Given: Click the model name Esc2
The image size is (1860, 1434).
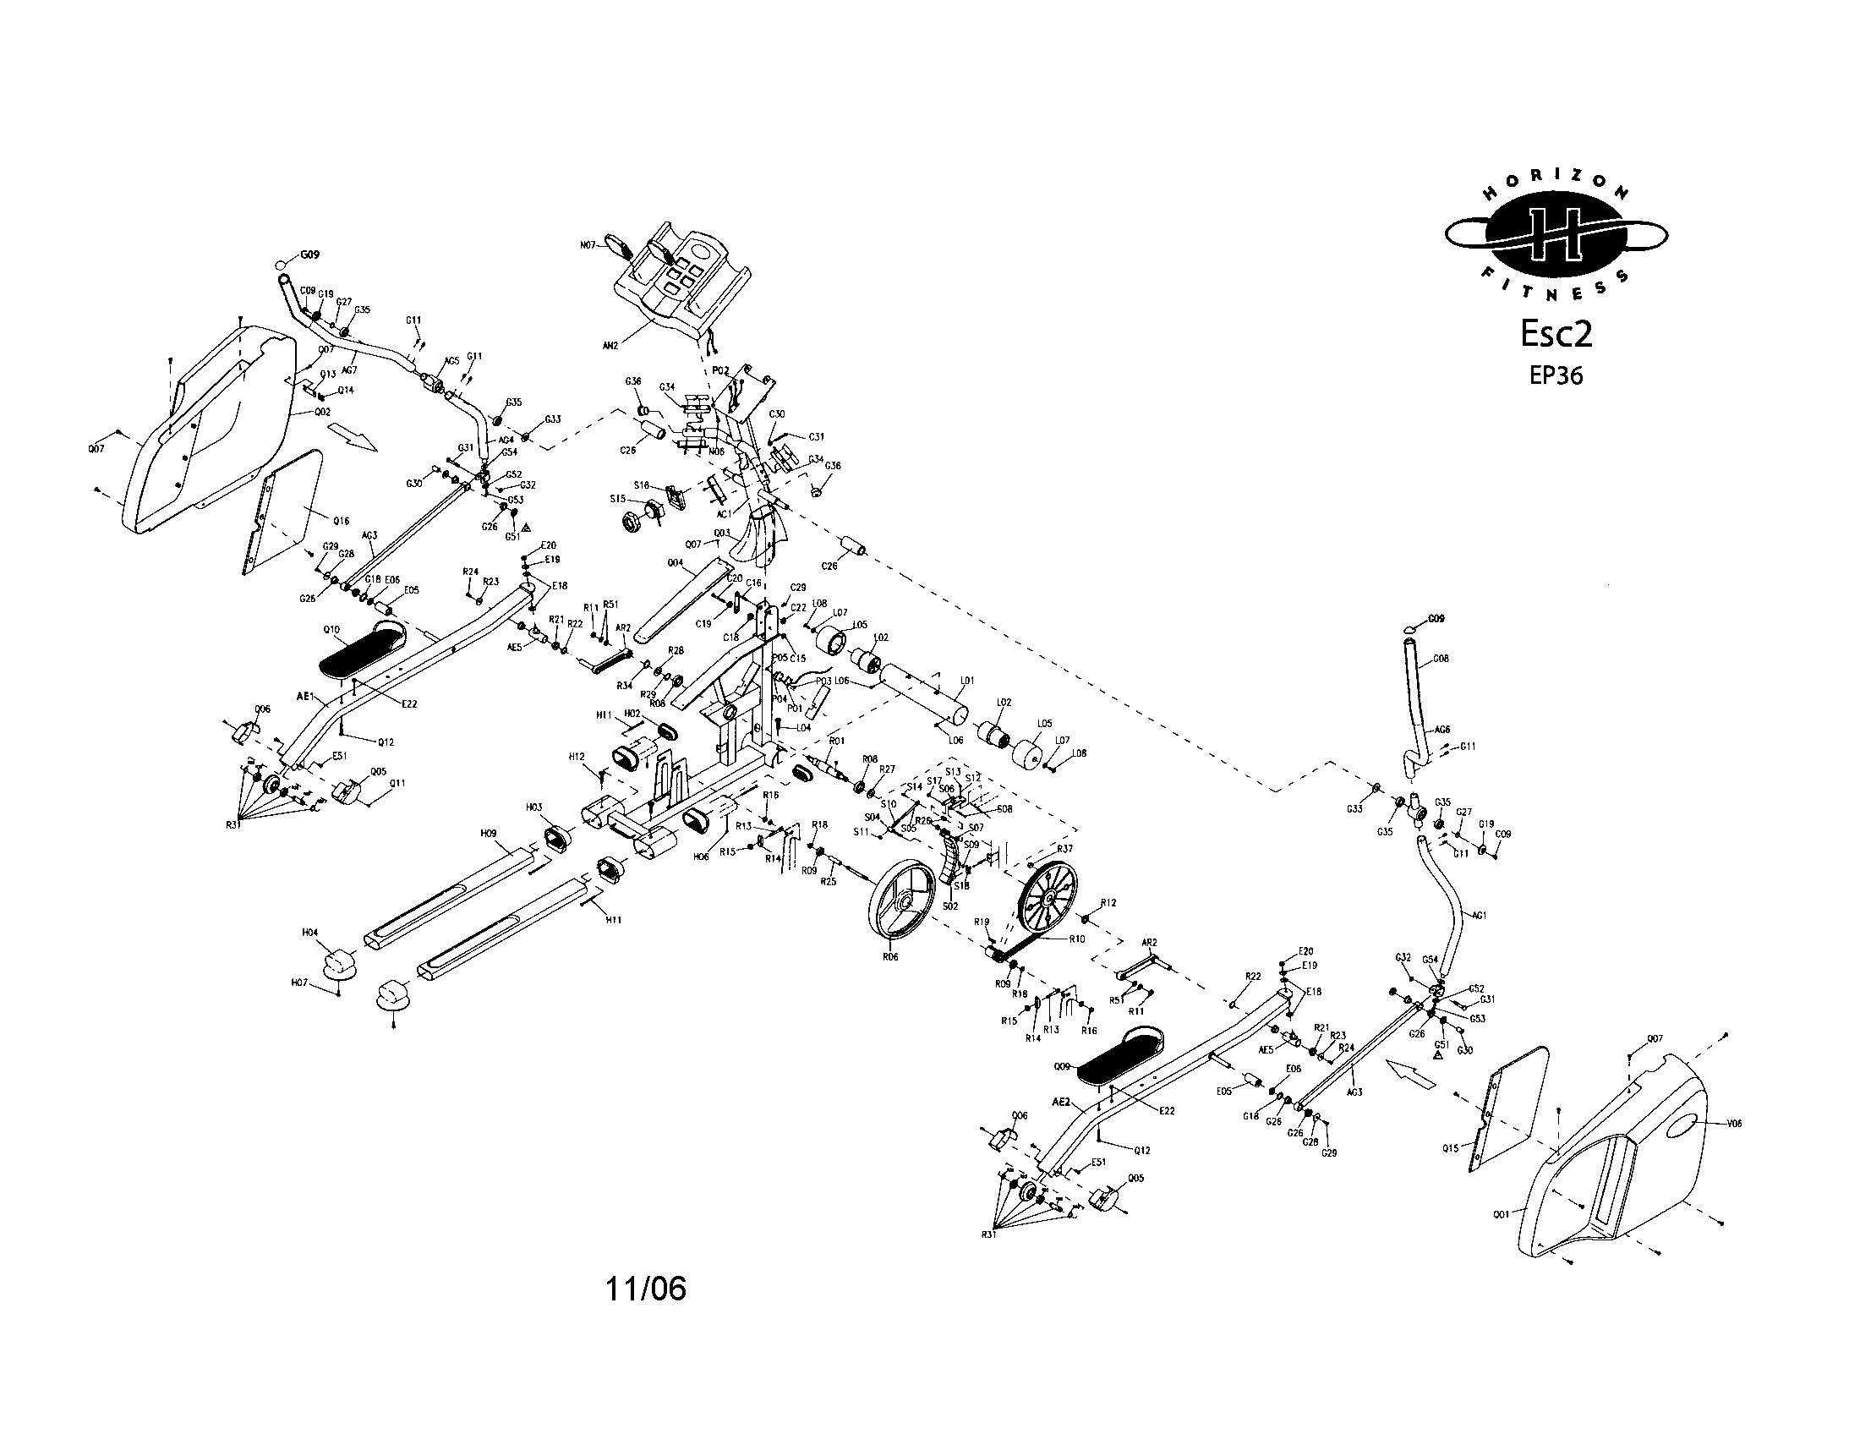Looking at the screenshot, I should pos(1556,335).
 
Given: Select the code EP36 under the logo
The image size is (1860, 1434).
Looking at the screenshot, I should pos(1556,375).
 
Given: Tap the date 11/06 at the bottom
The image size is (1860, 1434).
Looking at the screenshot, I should pos(645,1289).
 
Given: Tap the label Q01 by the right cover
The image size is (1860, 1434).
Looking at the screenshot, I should pos(1502,1214).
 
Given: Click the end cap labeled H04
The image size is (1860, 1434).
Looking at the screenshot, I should pos(342,962).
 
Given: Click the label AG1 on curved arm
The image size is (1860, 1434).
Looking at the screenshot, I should pos(1479,916).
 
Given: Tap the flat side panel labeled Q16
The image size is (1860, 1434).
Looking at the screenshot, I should pos(289,511).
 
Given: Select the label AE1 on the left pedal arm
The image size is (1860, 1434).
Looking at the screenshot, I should pos(306,696).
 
